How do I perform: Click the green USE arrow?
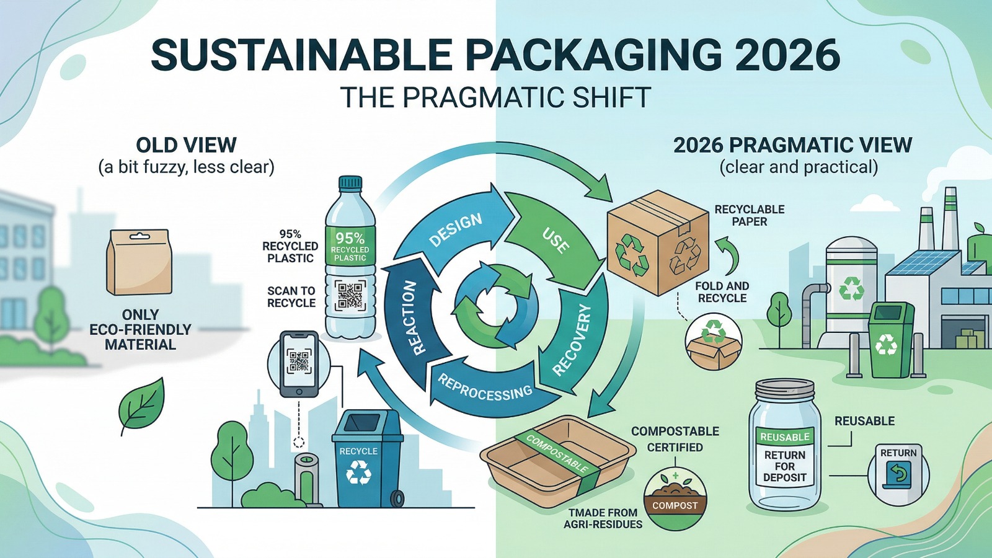point(554,239)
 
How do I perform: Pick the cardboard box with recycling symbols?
point(657,242)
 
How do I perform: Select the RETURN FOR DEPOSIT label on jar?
point(785,466)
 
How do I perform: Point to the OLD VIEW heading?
point(187,145)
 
